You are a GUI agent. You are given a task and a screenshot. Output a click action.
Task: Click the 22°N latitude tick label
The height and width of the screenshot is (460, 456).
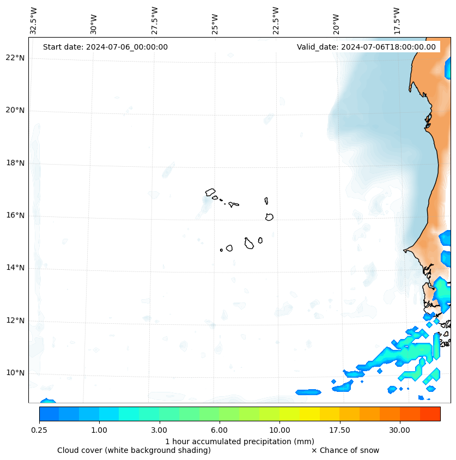[x=15, y=58]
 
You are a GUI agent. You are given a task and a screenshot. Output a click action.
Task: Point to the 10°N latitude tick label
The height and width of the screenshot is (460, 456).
[x=15, y=373]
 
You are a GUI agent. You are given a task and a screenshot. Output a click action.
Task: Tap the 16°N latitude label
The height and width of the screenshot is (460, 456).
[x=15, y=216]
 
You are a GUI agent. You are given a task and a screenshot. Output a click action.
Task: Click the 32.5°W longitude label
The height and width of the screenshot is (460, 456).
[x=34, y=21]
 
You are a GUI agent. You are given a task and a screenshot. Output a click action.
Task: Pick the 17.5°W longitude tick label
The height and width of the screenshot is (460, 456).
[x=397, y=21]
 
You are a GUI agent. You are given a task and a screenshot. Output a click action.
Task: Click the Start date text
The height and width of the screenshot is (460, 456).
[x=105, y=47]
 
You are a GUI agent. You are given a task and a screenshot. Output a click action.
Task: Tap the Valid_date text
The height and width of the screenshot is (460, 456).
[x=366, y=47]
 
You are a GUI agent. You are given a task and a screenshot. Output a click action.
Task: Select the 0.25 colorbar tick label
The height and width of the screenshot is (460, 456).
[x=39, y=430]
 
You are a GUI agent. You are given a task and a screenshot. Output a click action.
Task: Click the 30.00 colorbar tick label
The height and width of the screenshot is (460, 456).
[x=399, y=430]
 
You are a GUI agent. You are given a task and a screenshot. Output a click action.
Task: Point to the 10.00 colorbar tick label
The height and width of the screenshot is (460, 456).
[x=279, y=430]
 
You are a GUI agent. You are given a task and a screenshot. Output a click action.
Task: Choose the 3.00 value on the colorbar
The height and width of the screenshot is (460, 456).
[x=159, y=430]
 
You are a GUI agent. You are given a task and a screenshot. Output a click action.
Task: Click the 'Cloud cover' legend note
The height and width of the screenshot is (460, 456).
[x=133, y=450]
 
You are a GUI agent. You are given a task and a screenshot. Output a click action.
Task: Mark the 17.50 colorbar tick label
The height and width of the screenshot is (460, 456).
[x=339, y=430]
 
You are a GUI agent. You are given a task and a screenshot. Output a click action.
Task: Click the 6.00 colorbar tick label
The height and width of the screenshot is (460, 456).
[x=220, y=430]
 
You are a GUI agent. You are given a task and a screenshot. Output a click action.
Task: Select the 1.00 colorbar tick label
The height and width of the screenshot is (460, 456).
[x=99, y=430]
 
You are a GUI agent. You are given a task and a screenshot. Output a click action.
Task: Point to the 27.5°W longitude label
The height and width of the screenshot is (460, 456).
[x=155, y=21]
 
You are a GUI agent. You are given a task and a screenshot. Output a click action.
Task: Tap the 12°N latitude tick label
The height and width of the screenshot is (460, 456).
[x=15, y=320]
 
